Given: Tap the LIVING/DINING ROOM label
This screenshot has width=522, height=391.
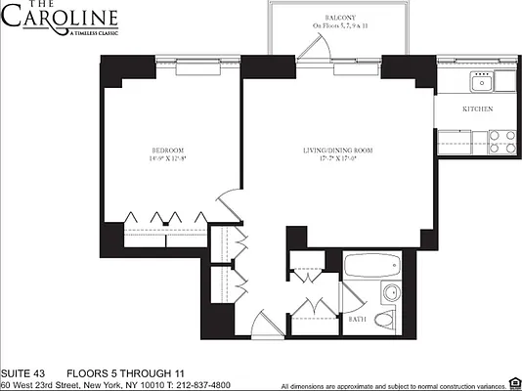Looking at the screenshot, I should [338, 149].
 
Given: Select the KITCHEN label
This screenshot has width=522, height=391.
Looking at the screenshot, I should [477, 109].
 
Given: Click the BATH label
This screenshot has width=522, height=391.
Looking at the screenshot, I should [357, 319].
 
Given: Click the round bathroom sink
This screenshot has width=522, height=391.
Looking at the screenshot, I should [389, 292].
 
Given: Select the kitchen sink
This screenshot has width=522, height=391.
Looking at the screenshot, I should [480, 79].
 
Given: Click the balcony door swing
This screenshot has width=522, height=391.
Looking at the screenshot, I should [312, 49].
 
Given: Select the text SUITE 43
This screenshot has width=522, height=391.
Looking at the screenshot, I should [23, 372].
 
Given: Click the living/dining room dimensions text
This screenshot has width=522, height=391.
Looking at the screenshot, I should [338, 158].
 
